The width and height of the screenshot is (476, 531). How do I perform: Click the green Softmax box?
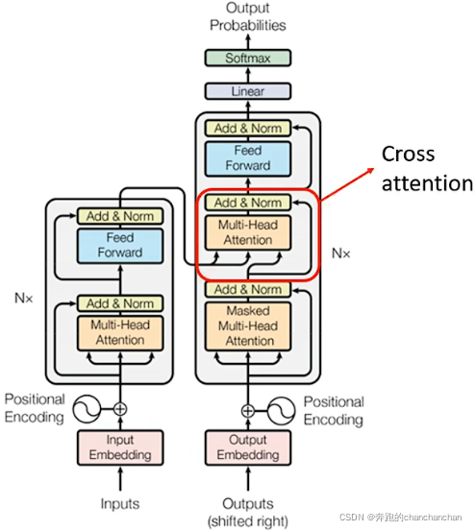(248, 58)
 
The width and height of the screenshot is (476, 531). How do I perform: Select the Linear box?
(248, 91)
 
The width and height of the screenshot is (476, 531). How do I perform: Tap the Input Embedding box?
(120, 447)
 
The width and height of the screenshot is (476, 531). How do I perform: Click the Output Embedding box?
(248, 447)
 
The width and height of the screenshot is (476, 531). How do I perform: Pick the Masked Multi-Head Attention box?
(248, 326)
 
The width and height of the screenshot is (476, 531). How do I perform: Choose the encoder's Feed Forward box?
(120, 246)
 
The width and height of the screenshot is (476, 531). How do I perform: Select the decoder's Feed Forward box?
(248, 158)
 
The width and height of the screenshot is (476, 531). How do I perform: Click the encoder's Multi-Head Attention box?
(120, 333)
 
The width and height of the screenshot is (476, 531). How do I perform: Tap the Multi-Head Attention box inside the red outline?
(248, 232)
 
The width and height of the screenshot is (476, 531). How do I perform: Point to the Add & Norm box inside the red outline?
(248, 203)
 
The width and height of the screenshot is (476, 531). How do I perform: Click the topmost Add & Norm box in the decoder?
(248, 129)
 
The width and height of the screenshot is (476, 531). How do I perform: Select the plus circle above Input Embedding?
(120, 409)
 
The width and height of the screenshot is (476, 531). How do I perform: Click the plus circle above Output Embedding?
(248, 411)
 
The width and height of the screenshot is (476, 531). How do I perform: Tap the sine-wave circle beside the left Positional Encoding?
(87, 409)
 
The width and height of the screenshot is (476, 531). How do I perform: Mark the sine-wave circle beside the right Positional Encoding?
(281, 411)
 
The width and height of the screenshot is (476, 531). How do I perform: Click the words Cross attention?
(427, 169)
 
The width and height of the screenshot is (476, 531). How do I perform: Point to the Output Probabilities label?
(248, 16)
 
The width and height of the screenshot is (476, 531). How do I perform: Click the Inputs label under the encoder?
(120, 503)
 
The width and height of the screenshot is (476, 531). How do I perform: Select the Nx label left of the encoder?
(24, 298)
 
